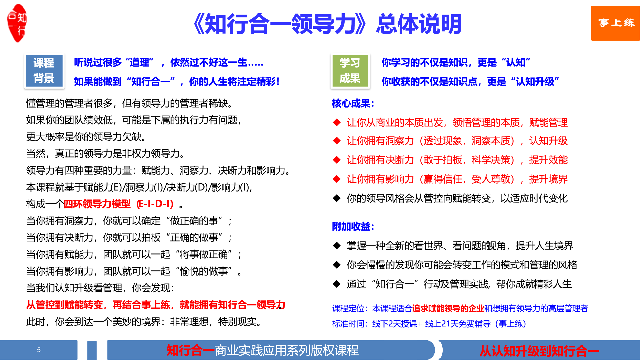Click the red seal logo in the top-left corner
pos(17,23)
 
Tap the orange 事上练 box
pos(615,23)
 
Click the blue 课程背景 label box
pos(44,71)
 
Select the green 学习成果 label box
pos(350,71)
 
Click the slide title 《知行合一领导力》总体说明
pos(327,24)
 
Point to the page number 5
pos(39,350)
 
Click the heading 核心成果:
pos(353,103)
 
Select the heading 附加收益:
pos(353,226)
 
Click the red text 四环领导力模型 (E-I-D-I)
pos(119,204)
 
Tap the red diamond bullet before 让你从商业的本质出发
pos(337,122)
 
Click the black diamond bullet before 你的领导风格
pos(337,198)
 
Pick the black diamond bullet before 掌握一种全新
pos(337,246)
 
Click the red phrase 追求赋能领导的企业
pos(448,309)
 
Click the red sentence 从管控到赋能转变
pos(156,305)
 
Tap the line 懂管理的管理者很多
pos(130,103)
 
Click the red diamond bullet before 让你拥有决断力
pos(337,160)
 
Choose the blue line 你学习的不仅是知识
pos(456,62)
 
